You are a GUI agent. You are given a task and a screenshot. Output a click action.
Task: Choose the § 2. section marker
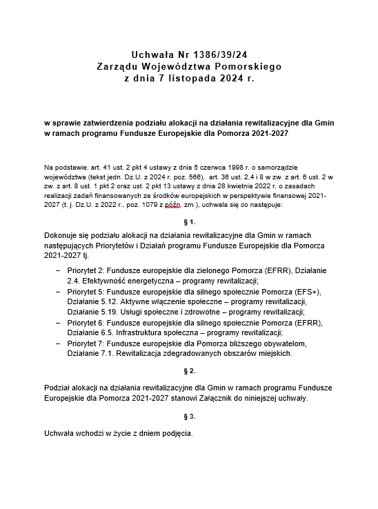tap(188, 371)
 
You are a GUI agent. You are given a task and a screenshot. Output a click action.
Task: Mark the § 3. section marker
tap(188, 417)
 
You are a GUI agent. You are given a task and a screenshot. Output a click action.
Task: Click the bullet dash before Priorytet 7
tap(58, 343)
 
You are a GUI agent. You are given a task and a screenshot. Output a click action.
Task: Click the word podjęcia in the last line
tap(175, 435)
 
